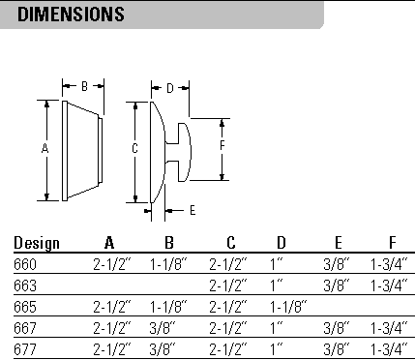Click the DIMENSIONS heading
coord(72,15)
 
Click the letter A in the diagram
coord(44,148)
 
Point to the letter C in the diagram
coord(134,148)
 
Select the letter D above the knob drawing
coord(169,88)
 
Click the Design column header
coord(37,243)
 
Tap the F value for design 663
coord(390,285)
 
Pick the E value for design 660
coord(338,263)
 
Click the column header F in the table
coord(391,243)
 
